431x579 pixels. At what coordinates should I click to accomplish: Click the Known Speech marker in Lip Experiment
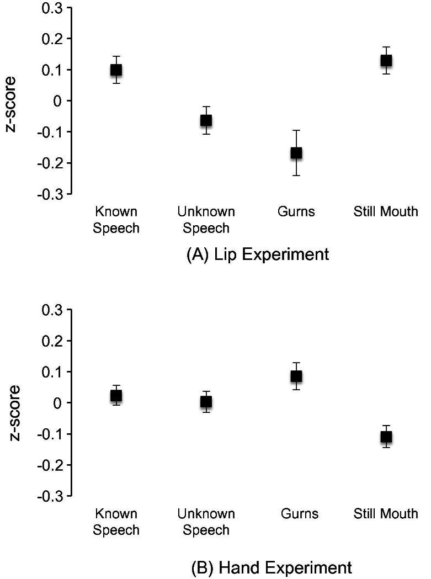pos(116,70)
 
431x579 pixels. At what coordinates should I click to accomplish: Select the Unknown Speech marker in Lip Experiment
pos(206,120)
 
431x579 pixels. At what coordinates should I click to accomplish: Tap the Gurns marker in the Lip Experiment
pos(296,152)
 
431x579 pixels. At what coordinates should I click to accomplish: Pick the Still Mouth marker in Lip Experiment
pos(386,60)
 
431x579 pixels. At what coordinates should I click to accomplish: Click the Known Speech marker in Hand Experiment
pos(116,396)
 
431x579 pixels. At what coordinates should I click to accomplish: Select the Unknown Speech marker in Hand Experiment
pos(206,402)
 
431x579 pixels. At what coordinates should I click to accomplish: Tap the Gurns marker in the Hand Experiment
pos(296,376)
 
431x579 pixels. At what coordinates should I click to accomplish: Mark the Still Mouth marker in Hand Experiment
pos(386,437)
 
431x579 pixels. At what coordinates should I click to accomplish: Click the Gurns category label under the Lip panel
pos(296,211)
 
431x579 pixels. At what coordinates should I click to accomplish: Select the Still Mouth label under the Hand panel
pos(386,514)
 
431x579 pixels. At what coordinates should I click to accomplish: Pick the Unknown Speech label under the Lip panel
pos(206,220)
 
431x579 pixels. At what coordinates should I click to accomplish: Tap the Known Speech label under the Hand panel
pos(116,522)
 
